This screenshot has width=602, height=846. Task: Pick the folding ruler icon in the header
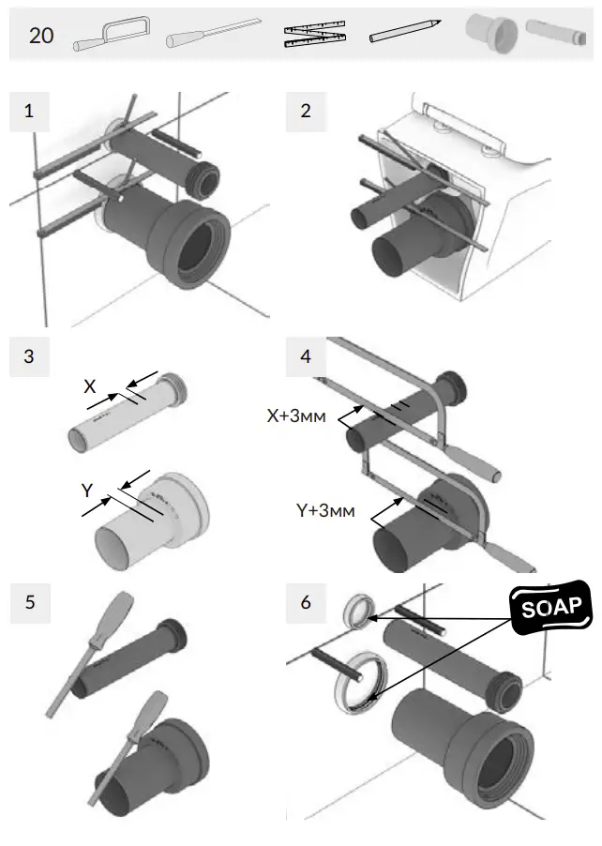point(314,35)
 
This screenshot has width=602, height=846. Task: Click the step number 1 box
point(29,111)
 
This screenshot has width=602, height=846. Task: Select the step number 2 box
point(305,111)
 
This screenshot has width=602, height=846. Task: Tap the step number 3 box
point(29,356)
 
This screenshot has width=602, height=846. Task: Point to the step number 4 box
point(305,356)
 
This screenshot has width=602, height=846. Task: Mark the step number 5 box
point(29,602)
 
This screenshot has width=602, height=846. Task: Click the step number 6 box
point(305,602)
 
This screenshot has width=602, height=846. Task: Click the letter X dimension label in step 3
point(90,385)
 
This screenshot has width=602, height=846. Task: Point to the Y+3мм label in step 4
point(325,511)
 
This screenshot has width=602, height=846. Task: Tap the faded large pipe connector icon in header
point(490,34)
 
